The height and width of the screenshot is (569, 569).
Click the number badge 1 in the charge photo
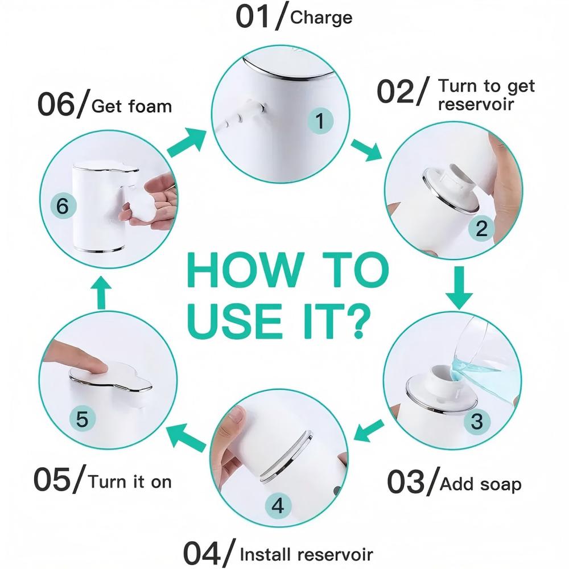[320, 121]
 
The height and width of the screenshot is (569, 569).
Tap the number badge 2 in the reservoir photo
[481, 228]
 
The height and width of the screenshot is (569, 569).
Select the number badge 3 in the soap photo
[477, 422]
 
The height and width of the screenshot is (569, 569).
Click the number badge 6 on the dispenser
[63, 206]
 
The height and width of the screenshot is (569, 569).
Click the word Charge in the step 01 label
[321, 18]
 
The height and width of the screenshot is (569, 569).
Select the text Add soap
[481, 484]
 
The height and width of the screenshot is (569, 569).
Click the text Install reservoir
[307, 554]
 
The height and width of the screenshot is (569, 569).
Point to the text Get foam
[131, 106]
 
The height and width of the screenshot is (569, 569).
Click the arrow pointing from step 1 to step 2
[365, 149]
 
